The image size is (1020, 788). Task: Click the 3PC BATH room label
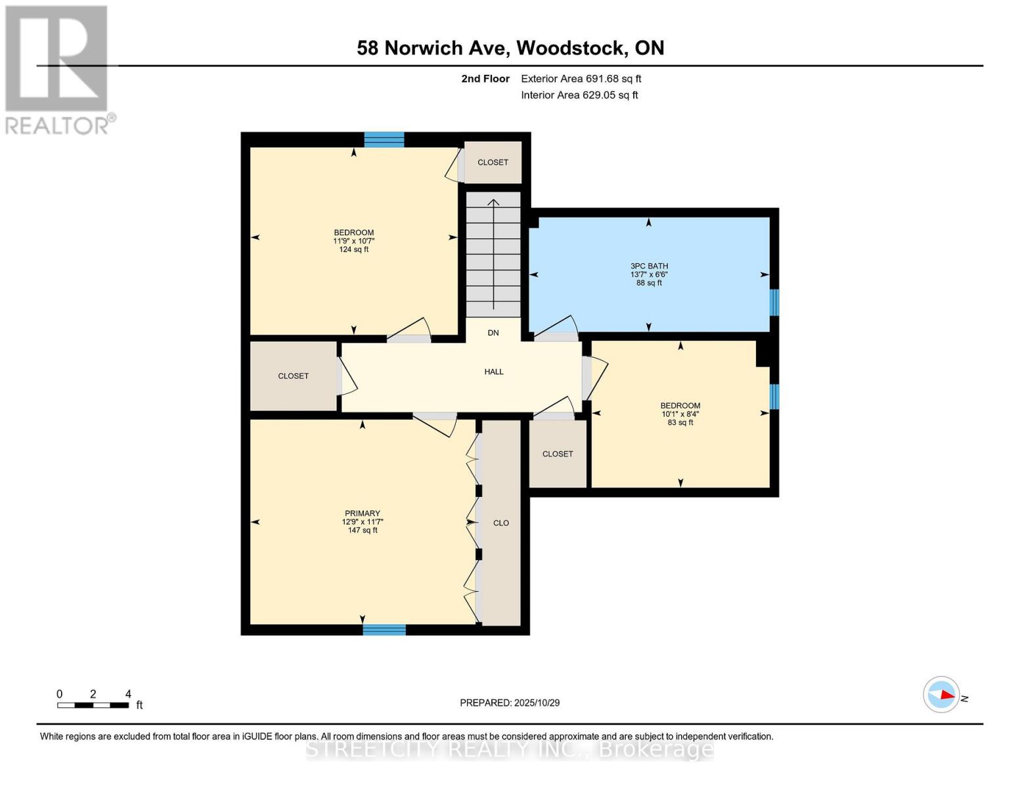coord(649,266)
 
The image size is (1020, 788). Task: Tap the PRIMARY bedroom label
coord(362,514)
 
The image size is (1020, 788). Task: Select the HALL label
coord(494,372)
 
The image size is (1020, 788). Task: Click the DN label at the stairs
coord(493,333)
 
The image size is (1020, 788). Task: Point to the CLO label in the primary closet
coord(501,523)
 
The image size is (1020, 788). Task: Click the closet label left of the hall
coord(293,376)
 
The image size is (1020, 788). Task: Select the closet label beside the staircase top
coord(493,162)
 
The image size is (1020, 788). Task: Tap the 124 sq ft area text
coord(354,250)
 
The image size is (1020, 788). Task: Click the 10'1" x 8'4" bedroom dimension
coord(680,414)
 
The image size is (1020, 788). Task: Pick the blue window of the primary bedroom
coord(384,630)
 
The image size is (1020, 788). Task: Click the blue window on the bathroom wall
coord(774,303)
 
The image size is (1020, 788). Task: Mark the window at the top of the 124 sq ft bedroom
coord(384,139)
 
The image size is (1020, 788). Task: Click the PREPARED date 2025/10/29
coord(510,703)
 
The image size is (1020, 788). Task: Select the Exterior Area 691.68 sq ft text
coord(581,79)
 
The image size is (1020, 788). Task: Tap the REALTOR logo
coord(58,69)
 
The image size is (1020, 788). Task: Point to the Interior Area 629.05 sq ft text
coord(579,95)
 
